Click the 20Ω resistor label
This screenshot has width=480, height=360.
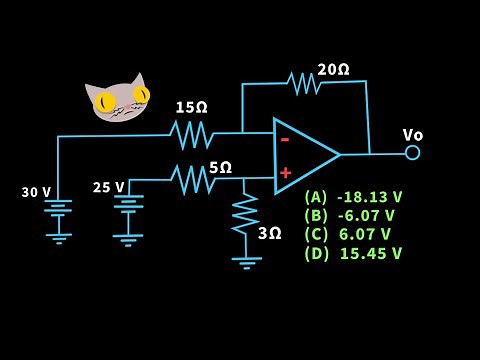(333, 70)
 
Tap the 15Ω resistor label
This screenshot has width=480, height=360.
(191, 107)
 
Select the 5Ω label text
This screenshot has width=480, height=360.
(220, 167)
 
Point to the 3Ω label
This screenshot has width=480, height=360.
(270, 233)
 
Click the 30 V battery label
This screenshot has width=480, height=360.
(36, 192)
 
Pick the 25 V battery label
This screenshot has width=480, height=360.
(108, 187)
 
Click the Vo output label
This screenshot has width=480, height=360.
(413, 135)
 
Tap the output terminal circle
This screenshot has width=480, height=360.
(412, 153)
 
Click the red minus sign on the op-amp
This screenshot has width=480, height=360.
(285, 140)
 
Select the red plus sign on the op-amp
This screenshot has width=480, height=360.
(285, 173)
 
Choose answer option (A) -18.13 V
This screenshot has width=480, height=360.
(353, 197)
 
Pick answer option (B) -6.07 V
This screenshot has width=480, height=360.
(349, 215)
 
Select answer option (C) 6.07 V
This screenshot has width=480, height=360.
(347, 234)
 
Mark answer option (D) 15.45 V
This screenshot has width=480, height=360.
(353, 253)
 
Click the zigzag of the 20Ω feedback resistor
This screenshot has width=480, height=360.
(303, 83)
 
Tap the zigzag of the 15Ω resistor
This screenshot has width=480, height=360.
(190, 133)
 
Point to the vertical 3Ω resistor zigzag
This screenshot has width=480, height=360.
(245, 212)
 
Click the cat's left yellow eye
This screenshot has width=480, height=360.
(104, 101)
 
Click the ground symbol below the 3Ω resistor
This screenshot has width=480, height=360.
(246, 262)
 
